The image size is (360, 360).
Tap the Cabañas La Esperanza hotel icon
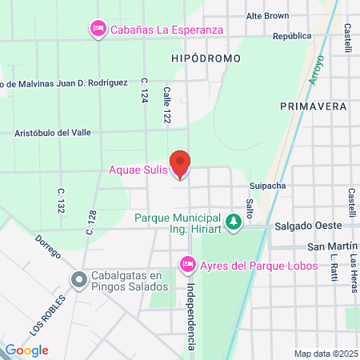(98, 30)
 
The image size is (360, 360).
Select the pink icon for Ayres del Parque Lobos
(187, 263)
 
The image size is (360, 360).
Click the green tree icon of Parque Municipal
(234, 220)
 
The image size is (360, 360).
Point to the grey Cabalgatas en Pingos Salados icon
(78, 281)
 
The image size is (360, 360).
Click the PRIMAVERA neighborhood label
(313, 106)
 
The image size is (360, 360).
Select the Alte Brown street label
(267, 15)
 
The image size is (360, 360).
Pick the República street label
(291, 36)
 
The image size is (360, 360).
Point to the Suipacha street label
(267, 184)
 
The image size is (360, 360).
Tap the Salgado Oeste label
(303, 226)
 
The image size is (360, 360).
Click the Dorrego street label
(48, 246)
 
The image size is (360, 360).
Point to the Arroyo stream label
(315, 70)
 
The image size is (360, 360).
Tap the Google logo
(26, 350)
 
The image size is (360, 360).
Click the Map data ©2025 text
(324, 353)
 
